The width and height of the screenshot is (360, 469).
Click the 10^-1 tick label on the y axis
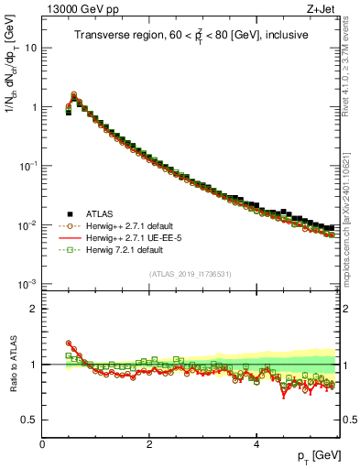click(x=27, y=166)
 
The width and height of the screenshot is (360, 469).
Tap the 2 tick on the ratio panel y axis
click(x=33, y=309)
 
